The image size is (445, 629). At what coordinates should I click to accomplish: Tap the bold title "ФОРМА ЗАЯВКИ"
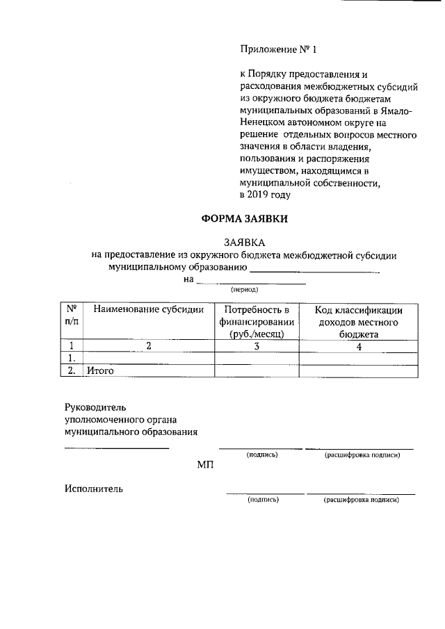(243, 219)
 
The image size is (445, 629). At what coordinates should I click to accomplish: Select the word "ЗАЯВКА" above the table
(244, 243)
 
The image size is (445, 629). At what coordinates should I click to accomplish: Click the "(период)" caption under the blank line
(244, 289)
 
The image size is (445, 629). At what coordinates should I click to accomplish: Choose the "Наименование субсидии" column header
(149, 310)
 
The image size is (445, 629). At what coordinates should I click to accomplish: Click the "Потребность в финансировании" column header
(257, 321)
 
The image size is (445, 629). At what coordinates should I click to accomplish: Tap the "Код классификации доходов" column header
(359, 321)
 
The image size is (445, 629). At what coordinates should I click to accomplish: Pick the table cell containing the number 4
(359, 346)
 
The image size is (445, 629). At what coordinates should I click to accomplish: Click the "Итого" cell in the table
(99, 371)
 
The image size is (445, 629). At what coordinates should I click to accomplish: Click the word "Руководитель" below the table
(95, 407)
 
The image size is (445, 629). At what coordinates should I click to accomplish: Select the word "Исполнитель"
(94, 489)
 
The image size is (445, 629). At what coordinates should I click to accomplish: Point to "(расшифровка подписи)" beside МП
(362, 455)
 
